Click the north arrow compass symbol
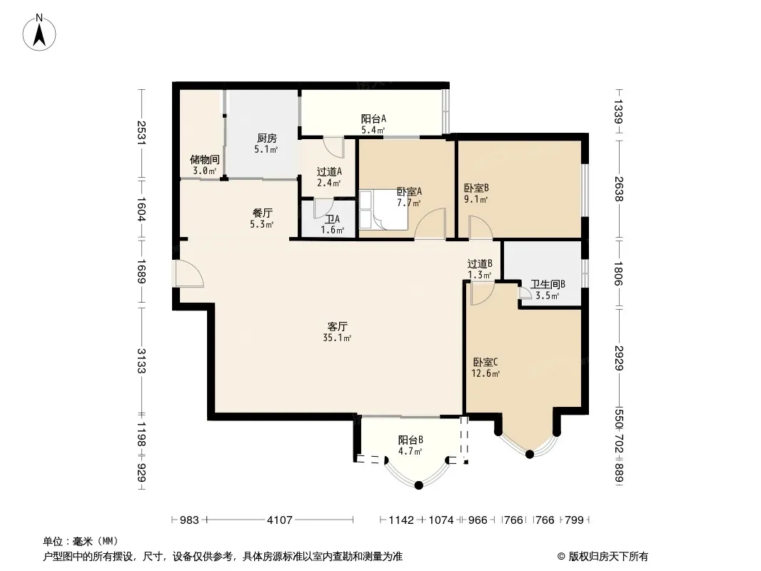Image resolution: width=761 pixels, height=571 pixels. tap(39, 33)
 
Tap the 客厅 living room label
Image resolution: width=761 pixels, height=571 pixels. tap(337, 326)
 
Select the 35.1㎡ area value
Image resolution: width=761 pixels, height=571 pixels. tap(337, 338)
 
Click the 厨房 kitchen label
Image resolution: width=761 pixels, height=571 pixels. tap(267, 138)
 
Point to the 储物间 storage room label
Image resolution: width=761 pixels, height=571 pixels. tap(205, 159)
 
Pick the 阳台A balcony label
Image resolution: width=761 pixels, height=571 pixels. tap(373, 119)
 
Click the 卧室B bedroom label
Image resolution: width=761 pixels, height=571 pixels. tap(476, 188)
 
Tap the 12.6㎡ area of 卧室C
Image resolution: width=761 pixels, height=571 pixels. tap(486, 373)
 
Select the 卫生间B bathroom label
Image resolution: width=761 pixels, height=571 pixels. tap(548, 284)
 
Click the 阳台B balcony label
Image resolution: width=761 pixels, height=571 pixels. tap(410, 440)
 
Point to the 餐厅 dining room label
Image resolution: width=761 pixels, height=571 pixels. tap(263, 213)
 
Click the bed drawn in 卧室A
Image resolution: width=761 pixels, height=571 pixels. tap(384, 210)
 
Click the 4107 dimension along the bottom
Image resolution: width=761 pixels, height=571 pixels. tap(280, 520)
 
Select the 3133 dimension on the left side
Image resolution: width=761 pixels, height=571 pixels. tap(141, 361)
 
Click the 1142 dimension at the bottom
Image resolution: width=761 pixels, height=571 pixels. tap(401, 520)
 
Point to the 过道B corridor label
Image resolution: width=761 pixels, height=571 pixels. tap(480, 264)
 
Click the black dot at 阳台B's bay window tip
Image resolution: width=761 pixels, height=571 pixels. tap(419, 485)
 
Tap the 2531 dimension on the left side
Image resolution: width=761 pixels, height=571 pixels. tap(141, 133)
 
